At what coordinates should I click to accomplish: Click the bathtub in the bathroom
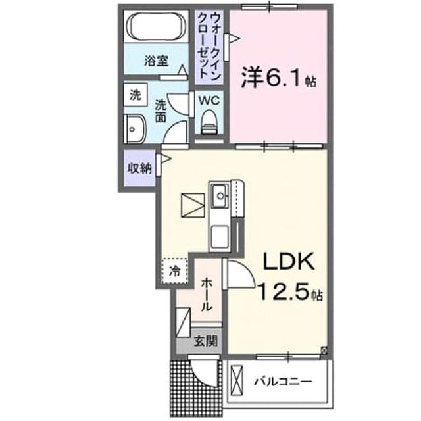pos(157,26)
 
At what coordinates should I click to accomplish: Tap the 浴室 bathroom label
pos(157,61)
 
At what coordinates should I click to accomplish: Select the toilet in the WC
pos(209,122)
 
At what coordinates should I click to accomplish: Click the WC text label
pos(209,101)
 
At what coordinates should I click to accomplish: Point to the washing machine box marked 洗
pos(136,95)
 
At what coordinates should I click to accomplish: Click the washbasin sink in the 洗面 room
pos(134,129)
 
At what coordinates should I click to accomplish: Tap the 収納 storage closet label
pos(139,168)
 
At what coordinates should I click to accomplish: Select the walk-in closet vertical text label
pos(209,46)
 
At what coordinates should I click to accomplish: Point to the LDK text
pos(289,261)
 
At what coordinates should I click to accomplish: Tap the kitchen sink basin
pos(220,195)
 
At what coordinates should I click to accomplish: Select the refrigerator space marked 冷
pos(174,271)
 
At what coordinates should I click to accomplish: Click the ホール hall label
pos(207,294)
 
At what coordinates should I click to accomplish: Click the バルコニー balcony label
pos(284,382)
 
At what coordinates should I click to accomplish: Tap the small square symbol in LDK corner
pos(324,350)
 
